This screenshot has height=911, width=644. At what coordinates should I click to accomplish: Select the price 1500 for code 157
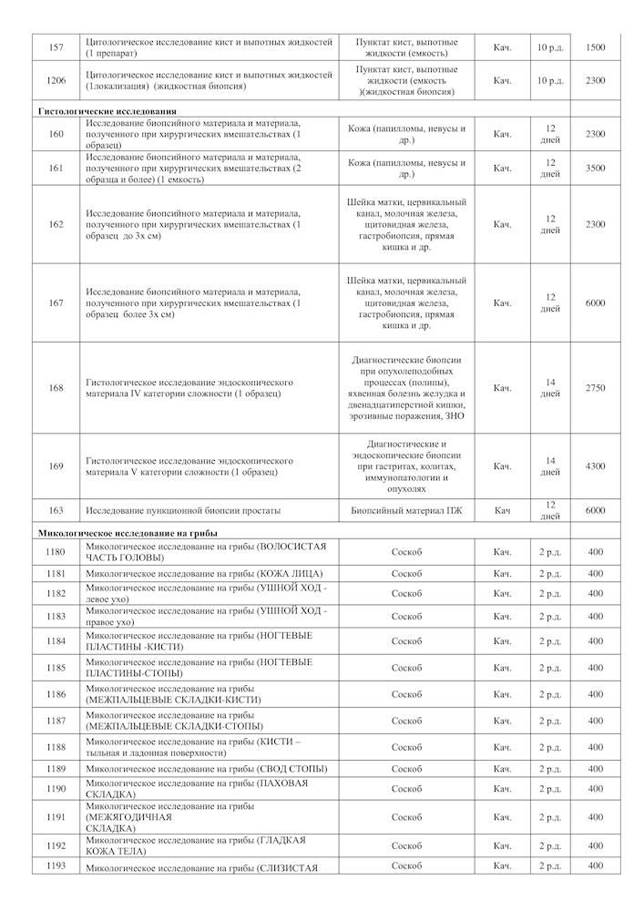coord(595,46)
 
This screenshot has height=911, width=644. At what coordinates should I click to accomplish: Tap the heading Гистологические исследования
coord(107,110)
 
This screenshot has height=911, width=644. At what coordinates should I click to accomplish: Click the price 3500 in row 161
coord(595,168)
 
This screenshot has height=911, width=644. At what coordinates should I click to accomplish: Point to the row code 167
coord(56,303)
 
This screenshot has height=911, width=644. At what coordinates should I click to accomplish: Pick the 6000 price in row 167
coord(595,303)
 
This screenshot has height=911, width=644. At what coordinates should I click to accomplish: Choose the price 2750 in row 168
coord(595,388)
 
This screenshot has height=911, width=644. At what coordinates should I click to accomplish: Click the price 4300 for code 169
coord(595,466)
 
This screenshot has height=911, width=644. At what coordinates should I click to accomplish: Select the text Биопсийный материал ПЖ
coord(407,510)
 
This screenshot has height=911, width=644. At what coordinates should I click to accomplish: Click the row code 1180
coord(56,551)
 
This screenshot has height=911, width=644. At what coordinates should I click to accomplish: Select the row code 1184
coord(56,640)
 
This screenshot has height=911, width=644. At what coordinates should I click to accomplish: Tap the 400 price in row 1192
coord(595,845)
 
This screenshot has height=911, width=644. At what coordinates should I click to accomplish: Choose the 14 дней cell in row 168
coord(549,388)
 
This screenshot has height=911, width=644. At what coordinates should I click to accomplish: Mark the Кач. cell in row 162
coord(502,224)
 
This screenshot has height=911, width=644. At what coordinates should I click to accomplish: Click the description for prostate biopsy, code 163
coord(182,510)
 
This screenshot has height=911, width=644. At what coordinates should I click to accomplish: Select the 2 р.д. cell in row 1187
coord(549,721)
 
